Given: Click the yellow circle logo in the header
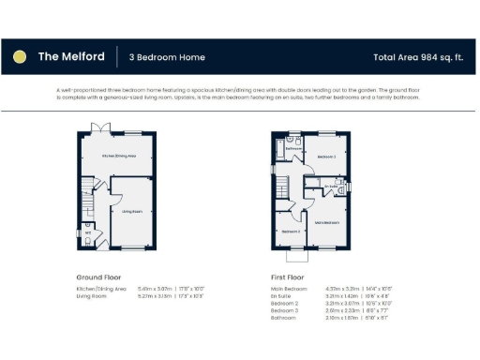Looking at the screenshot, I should pyautogui.click(x=20, y=57).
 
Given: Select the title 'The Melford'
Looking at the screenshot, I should pyautogui.click(x=70, y=57).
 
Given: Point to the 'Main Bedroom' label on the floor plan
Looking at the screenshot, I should pyautogui.click(x=327, y=222).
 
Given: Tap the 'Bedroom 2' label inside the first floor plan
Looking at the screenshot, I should pyautogui.click(x=326, y=157).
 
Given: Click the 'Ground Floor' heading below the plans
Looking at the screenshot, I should pyautogui.click(x=97, y=277).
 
